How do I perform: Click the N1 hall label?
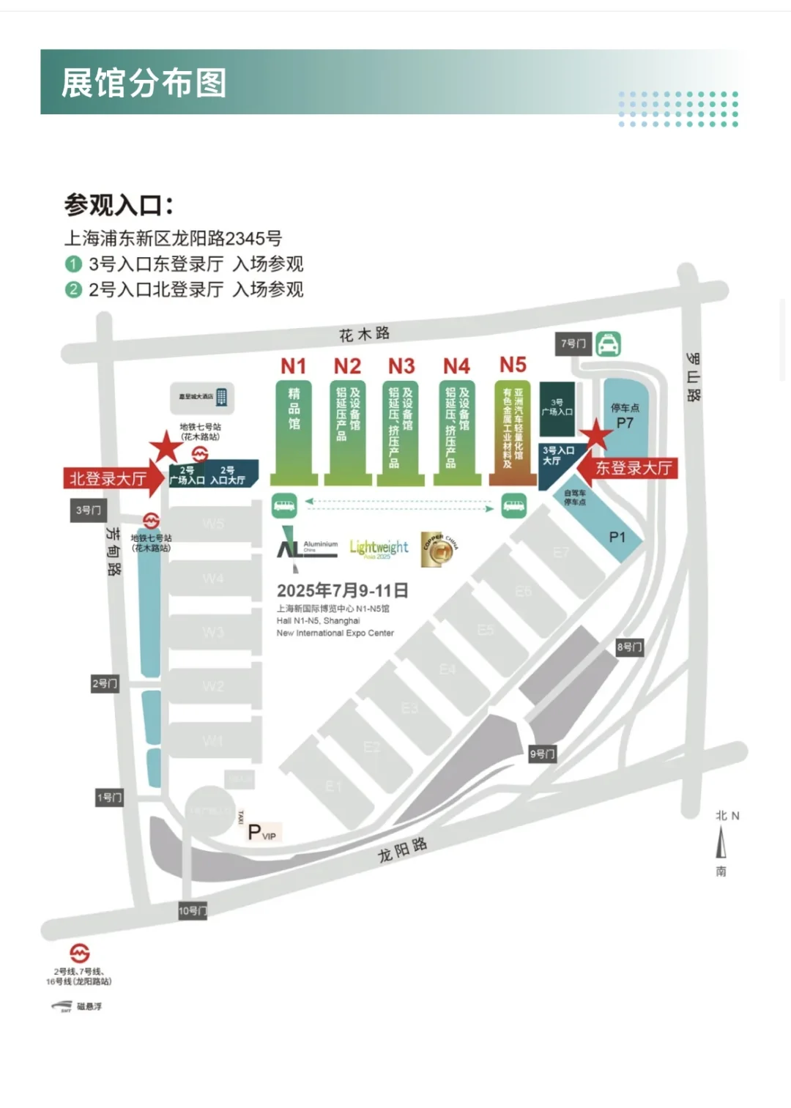(x=293, y=365)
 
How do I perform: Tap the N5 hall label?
(x=513, y=365)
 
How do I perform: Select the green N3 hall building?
(x=401, y=432)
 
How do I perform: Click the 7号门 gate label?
(x=573, y=343)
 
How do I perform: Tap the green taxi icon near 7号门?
(x=608, y=343)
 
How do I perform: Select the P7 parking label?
(x=625, y=423)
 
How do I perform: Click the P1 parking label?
(x=617, y=538)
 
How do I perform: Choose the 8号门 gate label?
(x=629, y=647)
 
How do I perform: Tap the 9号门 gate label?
(x=543, y=754)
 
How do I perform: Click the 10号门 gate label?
(x=193, y=911)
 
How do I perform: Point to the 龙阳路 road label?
(x=402, y=850)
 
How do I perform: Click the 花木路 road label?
(x=364, y=335)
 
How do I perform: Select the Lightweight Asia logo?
(x=379, y=549)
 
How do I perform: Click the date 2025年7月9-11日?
(x=342, y=590)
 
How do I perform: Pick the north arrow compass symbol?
(x=721, y=842)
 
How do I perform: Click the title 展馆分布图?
(x=144, y=83)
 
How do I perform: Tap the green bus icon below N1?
(x=284, y=504)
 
